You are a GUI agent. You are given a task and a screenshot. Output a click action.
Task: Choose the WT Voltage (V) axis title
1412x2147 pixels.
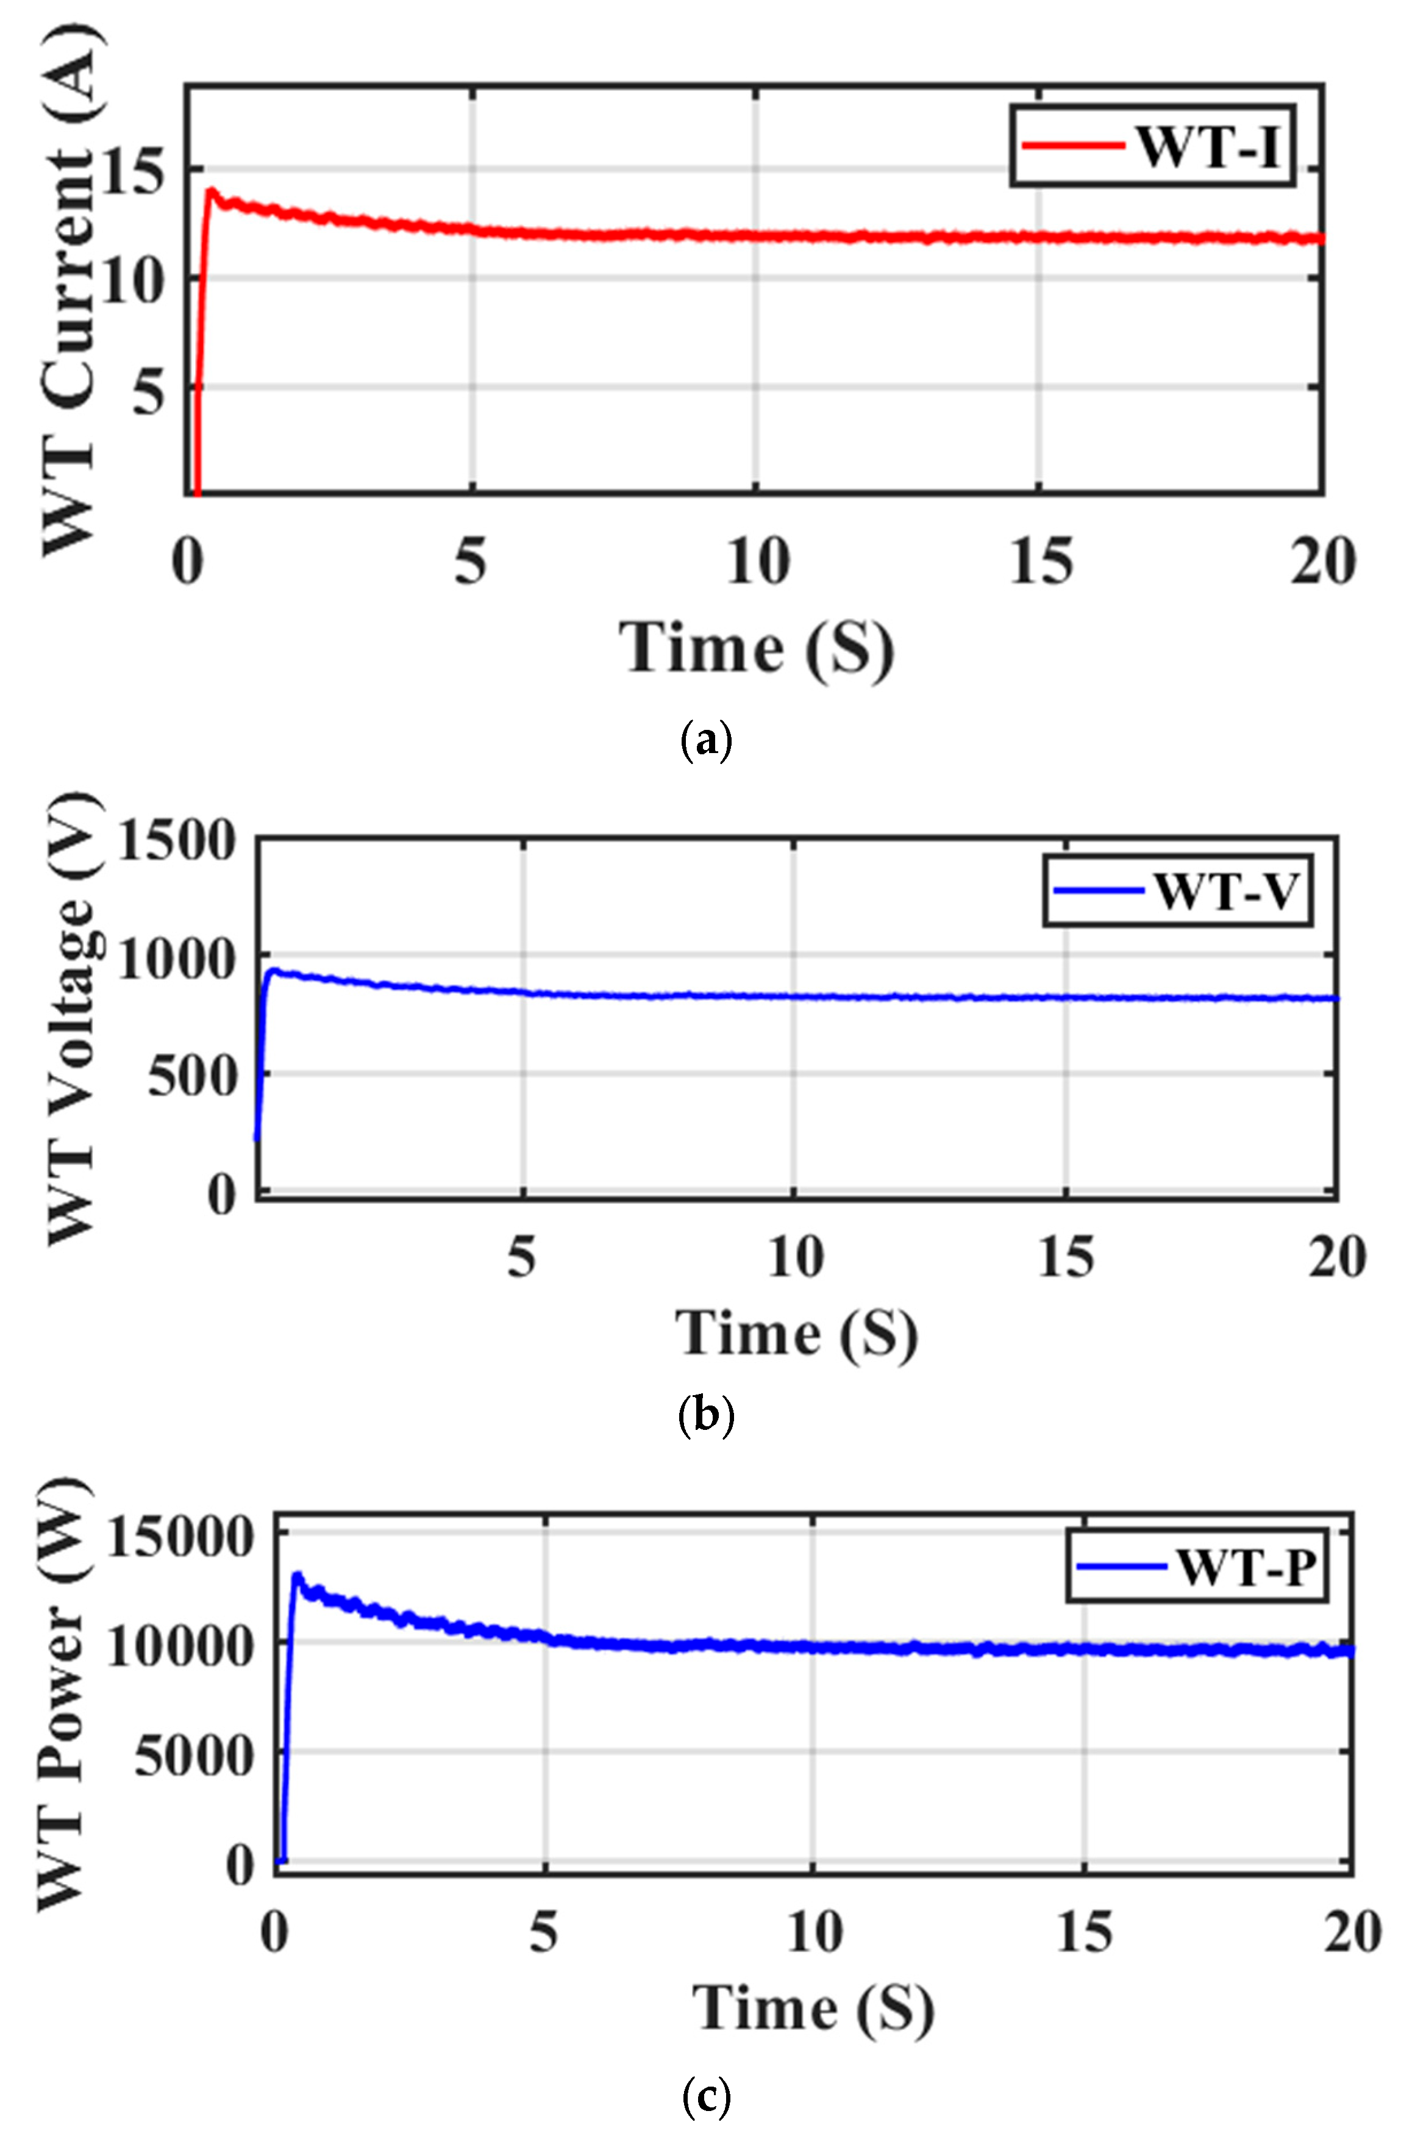[70, 1020]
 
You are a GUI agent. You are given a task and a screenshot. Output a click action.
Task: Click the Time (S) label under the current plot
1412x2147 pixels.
[756, 648]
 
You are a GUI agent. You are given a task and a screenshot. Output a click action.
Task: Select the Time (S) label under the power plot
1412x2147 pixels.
[813, 2010]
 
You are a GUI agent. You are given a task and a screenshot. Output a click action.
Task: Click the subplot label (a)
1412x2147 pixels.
[705, 741]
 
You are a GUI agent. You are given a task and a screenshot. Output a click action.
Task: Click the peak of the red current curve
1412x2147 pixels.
[211, 190]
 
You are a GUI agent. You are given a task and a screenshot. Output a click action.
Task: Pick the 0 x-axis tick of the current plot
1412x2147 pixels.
[187, 563]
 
